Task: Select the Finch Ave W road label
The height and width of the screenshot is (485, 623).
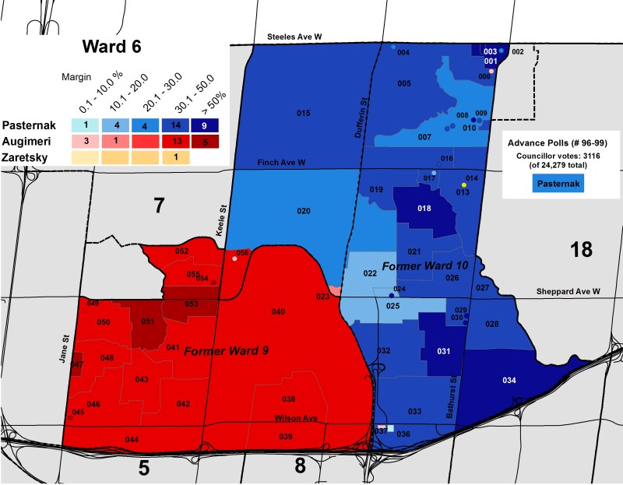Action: (x=284, y=162)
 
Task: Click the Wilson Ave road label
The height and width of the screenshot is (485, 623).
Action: (x=295, y=419)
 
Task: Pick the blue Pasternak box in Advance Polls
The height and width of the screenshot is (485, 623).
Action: (x=558, y=184)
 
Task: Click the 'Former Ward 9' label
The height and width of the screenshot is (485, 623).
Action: (x=226, y=351)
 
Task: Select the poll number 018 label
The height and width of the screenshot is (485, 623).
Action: (x=424, y=209)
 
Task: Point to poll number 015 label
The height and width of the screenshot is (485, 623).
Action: (x=304, y=114)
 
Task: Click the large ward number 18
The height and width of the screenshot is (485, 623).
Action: (x=581, y=249)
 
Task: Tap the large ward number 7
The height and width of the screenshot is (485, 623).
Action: (x=160, y=206)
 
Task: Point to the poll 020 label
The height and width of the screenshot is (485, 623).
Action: (x=304, y=211)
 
